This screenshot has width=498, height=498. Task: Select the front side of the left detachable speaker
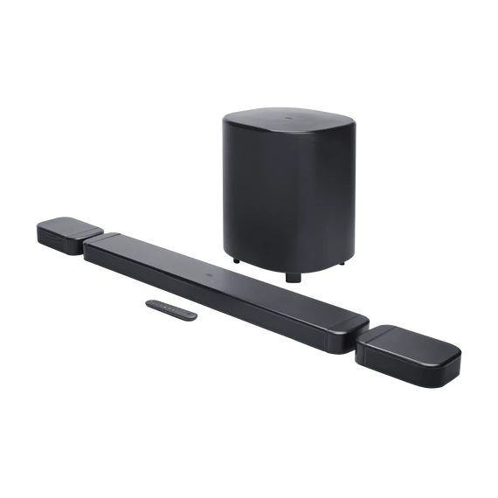point(58,243)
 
